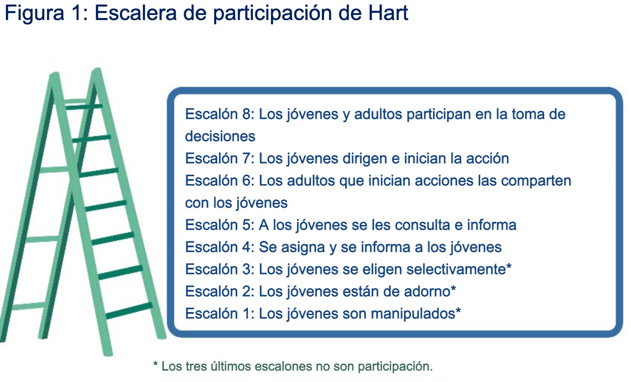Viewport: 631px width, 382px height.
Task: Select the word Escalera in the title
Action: click(136, 13)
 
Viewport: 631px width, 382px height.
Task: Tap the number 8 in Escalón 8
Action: click(247, 114)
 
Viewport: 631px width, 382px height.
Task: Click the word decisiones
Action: click(220, 136)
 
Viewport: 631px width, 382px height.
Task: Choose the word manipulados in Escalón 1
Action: click(413, 314)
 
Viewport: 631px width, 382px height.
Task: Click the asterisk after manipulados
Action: click(458, 310)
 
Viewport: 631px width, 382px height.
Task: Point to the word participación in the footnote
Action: click(395, 367)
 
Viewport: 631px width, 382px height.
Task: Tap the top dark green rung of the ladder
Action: click(84, 107)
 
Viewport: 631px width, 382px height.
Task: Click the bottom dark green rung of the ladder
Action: click(129, 311)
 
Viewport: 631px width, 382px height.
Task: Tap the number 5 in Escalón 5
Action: click(247, 225)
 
